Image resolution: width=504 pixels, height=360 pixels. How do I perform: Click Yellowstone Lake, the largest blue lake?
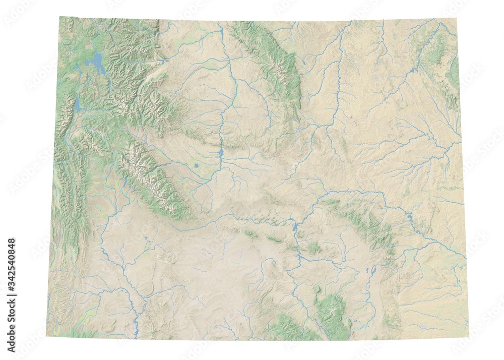[x=94, y=64]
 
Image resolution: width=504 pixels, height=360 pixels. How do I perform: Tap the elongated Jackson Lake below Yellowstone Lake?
[x=78, y=105]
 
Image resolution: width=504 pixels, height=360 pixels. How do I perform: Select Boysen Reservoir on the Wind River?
[x=221, y=152]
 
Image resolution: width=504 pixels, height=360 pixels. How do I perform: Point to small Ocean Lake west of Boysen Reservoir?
[x=196, y=165]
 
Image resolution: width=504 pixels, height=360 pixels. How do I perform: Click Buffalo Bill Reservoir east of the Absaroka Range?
[x=162, y=62]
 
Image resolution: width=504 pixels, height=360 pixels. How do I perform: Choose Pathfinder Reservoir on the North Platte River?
[x=294, y=228]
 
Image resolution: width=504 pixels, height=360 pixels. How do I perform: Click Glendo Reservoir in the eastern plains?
[x=409, y=218]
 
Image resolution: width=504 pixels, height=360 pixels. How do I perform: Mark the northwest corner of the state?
[x=60, y=18]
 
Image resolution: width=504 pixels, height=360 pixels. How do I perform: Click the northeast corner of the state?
[x=457, y=19]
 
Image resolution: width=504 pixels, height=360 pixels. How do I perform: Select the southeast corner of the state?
[x=468, y=336]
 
